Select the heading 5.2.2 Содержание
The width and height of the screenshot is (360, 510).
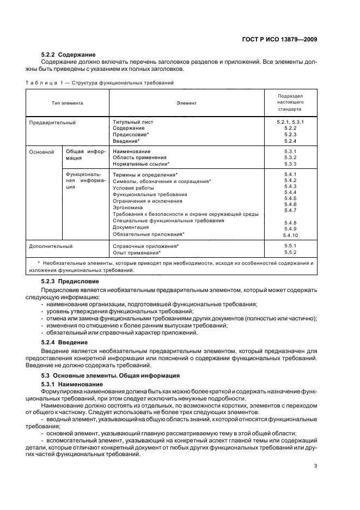click(68, 54)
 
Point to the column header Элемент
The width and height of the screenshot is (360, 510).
click(186, 102)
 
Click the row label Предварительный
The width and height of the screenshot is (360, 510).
click(52, 122)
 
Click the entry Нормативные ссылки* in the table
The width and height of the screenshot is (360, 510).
click(141, 163)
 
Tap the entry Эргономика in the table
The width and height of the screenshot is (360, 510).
click(127, 208)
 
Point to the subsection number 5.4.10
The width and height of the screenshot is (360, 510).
click(290, 235)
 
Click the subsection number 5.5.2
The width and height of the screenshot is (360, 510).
click(290, 253)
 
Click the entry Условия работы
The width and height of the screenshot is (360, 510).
click(132, 187)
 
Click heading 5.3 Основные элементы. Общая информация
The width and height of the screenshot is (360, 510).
click(112, 377)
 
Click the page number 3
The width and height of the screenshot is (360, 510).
click(315, 466)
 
